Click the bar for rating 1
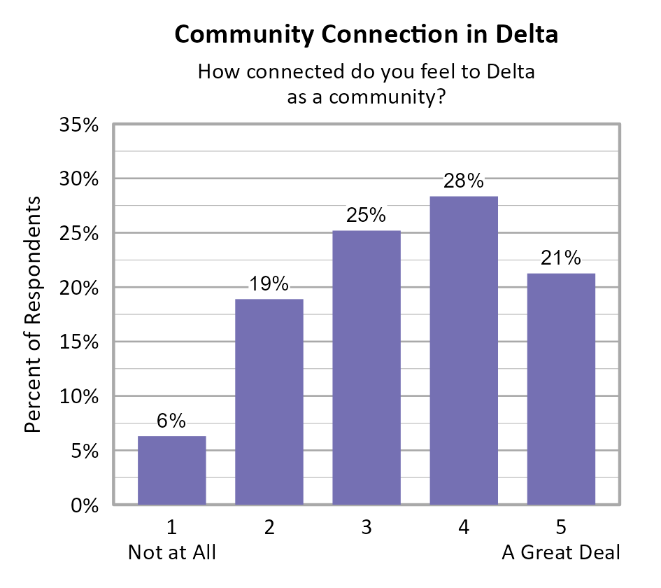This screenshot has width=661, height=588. click(x=171, y=470)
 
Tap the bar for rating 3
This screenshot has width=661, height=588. click(x=367, y=367)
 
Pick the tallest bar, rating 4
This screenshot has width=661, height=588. click(x=464, y=350)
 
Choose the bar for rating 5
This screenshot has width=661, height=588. click(x=561, y=388)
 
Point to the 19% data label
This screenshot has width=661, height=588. click(x=269, y=284)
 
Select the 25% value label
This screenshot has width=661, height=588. click(x=367, y=216)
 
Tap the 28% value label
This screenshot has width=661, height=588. click(x=464, y=181)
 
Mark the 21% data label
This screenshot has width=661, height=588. click(x=561, y=258)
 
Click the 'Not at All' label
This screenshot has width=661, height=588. click(x=172, y=552)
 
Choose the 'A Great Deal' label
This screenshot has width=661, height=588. click(x=561, y=552)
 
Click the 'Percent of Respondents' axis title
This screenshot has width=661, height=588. click(x=34, y=314)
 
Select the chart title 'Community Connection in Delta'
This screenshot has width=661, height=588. click(x=367, y=34)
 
